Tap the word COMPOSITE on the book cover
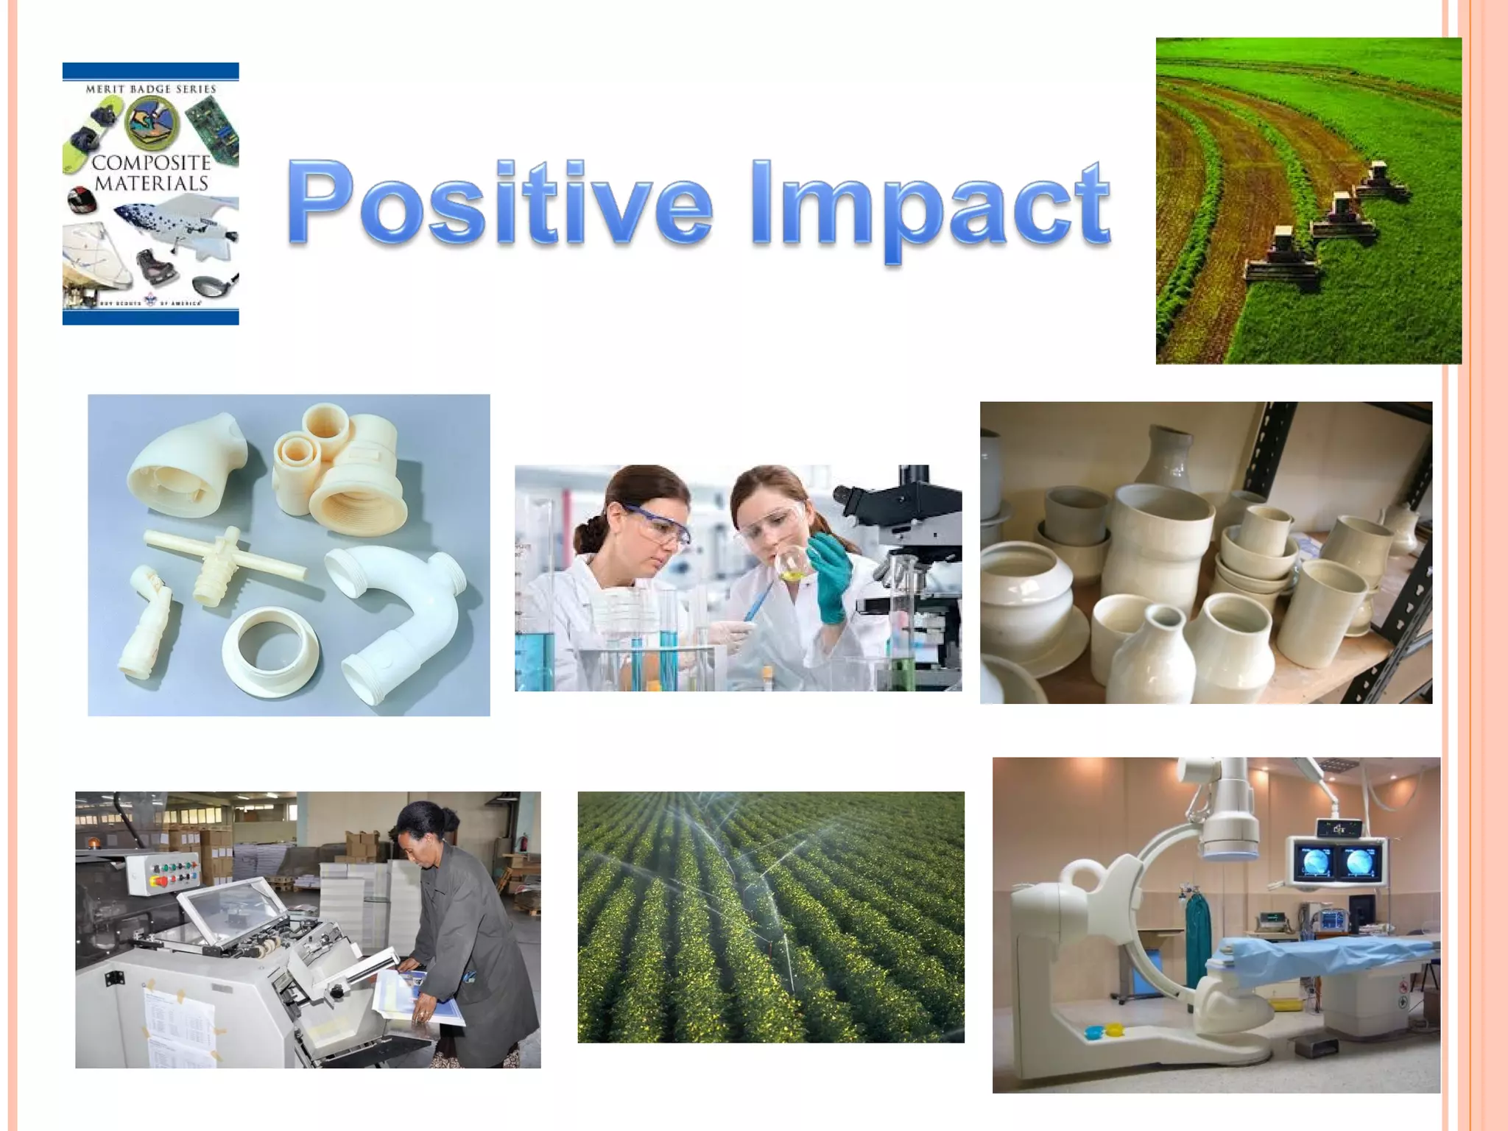pos(152,163)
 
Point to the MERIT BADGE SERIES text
pos(151,89)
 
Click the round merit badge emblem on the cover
pos(152,123)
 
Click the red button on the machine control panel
pos(156,880)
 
